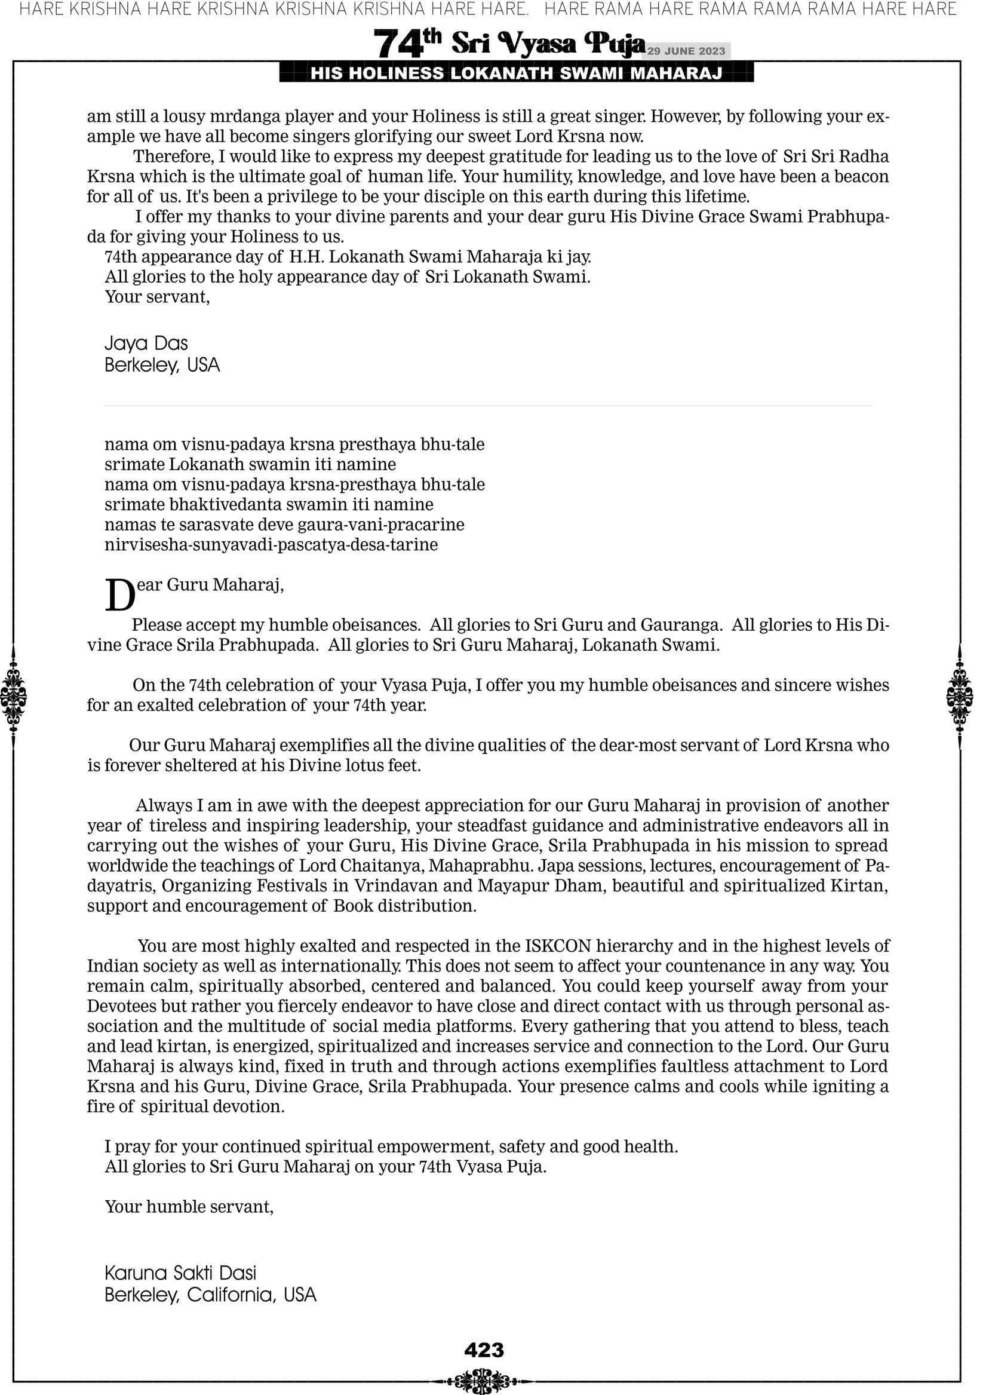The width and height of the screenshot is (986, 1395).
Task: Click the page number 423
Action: point(484,1350)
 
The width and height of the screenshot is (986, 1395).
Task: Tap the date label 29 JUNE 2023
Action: point(686,51)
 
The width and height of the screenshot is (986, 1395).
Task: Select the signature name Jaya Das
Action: point(146,344)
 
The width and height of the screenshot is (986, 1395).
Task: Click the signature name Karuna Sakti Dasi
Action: point(180,1273)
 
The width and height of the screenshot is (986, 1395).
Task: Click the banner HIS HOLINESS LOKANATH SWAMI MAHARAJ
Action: point(516,73)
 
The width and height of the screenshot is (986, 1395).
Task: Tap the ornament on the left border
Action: point(13,696)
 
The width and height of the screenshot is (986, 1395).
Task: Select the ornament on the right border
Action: point(960,696)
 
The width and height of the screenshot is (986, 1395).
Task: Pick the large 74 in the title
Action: point(397,44)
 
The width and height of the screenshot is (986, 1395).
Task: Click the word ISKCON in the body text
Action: point(558,946)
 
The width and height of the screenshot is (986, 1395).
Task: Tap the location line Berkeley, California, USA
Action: point(210,1295)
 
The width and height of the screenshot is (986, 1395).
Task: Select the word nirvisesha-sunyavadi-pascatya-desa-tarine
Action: point(271,544)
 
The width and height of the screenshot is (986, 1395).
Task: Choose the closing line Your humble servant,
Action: point(189,1206)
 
